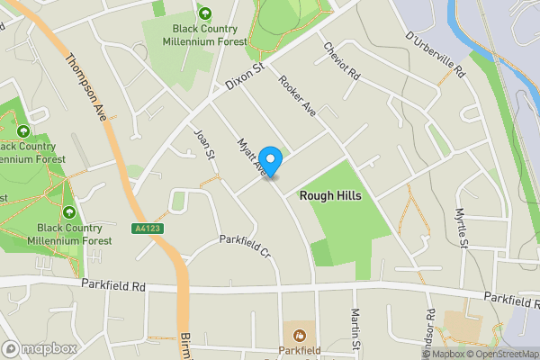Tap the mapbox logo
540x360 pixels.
point(40,348)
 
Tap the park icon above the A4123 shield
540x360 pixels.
point(70,211)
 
